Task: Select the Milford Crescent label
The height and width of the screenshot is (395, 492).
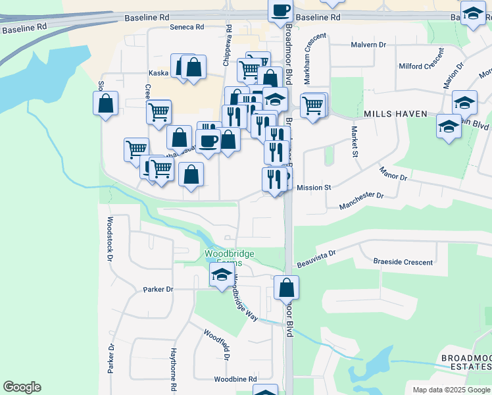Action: pos(422,66)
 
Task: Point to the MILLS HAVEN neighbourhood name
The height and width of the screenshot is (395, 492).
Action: pos(396,114)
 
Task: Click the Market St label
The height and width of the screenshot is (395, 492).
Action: pos(354,142)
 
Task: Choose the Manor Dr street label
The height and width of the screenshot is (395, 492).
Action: pos(393,174)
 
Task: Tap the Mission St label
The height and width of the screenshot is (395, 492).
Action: pos(313,188)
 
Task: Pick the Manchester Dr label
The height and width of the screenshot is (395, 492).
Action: pos(361,201)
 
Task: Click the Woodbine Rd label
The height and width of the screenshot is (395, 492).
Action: pos(235,379)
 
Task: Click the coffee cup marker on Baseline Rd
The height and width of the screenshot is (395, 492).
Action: pos(280,11)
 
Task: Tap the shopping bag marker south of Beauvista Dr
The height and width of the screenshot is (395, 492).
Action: pos(286,288)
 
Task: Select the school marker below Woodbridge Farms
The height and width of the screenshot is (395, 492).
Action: pos(222,275)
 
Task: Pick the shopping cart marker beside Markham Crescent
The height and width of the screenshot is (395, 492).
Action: pos(314,105)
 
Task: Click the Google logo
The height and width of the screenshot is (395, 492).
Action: pos(22,387)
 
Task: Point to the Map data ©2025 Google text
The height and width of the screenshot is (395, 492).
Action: pos(451,390)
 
